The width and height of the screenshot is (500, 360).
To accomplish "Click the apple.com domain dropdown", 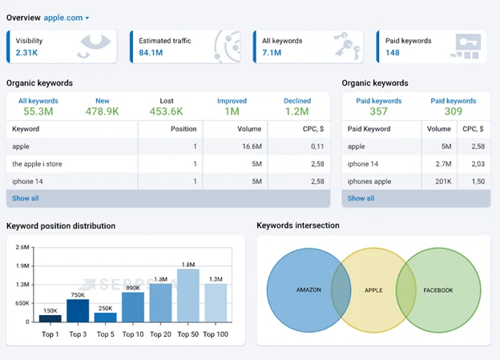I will point(66,17).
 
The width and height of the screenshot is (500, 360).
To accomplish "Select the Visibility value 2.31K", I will point(26,53).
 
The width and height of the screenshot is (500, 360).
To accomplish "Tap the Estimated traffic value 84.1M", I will point(152,53).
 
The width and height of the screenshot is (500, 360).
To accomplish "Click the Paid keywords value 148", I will point(392,53).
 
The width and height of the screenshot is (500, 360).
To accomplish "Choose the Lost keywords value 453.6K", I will point(167,111).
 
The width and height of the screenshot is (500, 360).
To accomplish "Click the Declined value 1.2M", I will point(297,111).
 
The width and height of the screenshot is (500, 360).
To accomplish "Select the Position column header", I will point(183,128).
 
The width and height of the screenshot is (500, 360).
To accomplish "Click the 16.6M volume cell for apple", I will point(252,147).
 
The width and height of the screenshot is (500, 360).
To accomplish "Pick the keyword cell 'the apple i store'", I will point(37,164).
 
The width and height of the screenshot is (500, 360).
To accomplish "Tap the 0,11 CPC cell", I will point(316,147).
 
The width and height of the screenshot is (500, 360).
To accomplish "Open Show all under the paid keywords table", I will point(361,198).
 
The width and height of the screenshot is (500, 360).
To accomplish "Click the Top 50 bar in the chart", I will point(188,296).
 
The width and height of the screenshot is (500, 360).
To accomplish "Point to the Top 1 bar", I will point(50,318).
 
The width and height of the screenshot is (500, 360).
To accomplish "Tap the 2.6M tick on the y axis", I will point(22,248).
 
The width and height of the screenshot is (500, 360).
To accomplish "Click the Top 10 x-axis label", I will point(133,334).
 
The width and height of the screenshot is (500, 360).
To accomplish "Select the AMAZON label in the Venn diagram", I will point(308,289).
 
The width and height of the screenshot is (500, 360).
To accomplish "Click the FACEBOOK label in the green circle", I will point(438,289).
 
